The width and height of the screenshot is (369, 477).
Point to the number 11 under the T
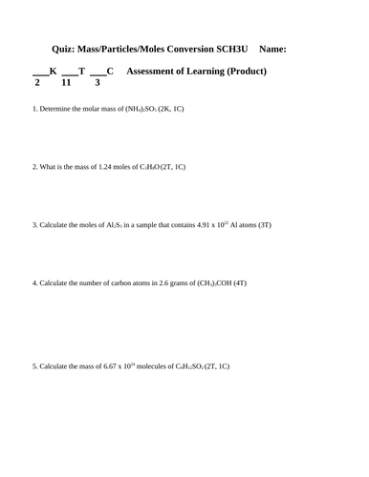(x=67, y=83)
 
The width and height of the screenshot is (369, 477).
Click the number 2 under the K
(x=36, y=83)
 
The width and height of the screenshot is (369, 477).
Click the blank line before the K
(x=40, y=73)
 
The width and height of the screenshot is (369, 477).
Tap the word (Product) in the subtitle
(x=245, y=72)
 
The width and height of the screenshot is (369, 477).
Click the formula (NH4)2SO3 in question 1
(x=146, y=110)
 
